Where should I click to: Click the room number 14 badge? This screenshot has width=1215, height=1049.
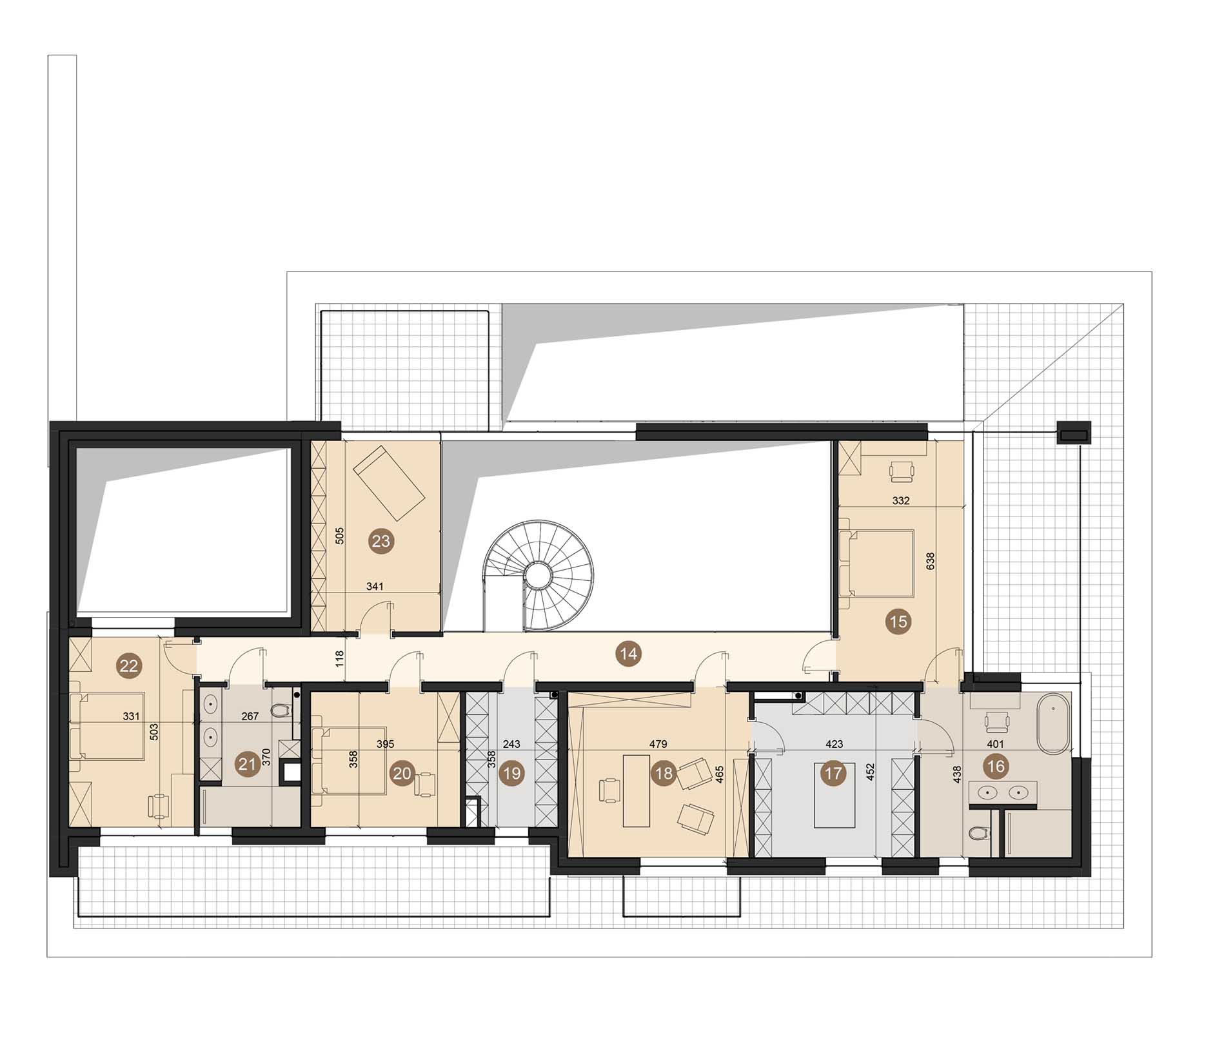628,654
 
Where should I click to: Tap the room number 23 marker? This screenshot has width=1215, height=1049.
381,541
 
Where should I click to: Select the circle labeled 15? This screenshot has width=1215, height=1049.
898,622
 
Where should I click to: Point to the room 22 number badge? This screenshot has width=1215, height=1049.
129,665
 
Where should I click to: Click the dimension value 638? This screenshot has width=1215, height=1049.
930,561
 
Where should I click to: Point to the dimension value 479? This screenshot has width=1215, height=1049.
658,743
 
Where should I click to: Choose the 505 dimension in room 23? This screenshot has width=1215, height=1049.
341,536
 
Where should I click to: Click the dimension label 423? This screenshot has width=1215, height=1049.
834,743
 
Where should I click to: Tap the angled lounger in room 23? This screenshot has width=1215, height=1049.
389,484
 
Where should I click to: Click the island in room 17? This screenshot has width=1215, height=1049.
835,795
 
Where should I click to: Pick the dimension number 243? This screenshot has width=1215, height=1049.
511,743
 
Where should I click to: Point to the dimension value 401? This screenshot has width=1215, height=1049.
996,743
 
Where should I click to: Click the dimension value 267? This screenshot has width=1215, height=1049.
250,716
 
